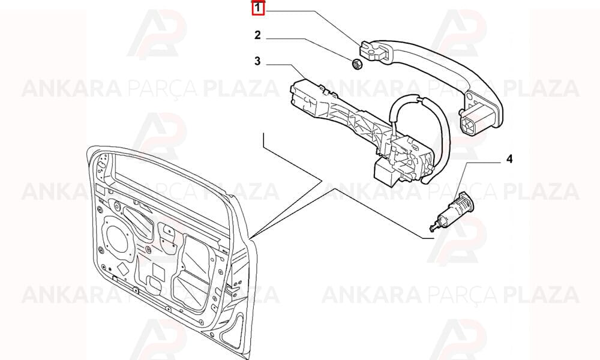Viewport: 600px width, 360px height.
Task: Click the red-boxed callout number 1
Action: (258, 8)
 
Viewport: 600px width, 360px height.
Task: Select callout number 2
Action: (257, 35)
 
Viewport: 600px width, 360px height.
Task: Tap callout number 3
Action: (257, 61)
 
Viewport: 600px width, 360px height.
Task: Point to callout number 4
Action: (509, 159)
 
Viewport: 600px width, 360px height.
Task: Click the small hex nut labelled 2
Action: (356, 64)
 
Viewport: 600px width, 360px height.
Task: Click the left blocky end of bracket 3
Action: (306, 95)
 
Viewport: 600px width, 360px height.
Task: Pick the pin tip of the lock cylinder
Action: (432, 229)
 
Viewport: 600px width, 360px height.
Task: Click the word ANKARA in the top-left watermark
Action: (71, 89)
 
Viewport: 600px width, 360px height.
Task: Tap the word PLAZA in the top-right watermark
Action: (541, 89)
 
